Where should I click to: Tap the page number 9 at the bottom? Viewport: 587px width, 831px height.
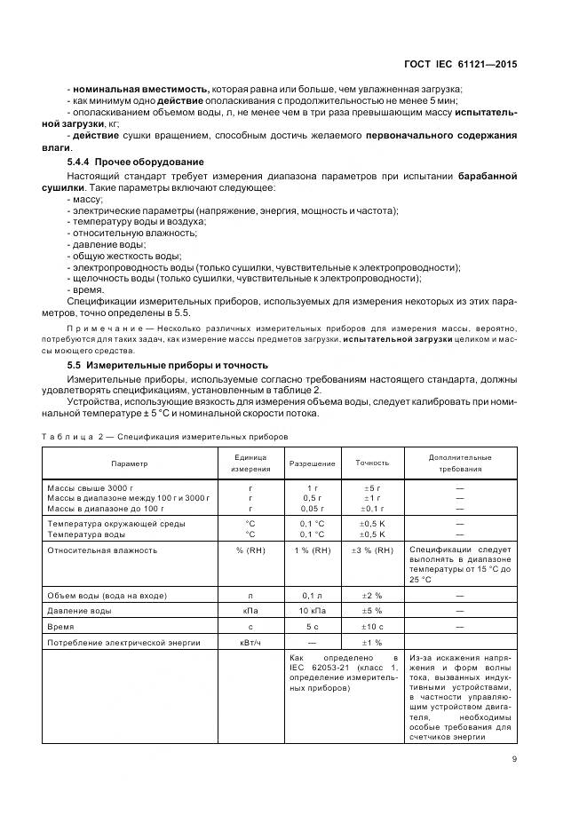[515, 758]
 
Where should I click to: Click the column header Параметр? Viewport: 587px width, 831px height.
[130, 463]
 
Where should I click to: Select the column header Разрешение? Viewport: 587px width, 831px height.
[312, 463]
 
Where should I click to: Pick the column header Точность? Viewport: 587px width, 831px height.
[372, 463]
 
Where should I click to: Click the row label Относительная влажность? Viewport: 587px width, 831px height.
[102, 550]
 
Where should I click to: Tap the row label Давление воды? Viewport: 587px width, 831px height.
[79, 611]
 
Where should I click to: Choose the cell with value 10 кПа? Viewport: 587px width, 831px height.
[312, 611]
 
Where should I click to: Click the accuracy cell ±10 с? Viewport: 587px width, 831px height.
[372, 626]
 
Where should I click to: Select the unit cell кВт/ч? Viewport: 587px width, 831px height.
[250, 642]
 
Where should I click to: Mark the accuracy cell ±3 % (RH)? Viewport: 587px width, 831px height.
[372, 550]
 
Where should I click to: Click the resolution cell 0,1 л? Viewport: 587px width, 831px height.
[312, 595]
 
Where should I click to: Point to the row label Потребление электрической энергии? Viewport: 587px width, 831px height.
[123, 642]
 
